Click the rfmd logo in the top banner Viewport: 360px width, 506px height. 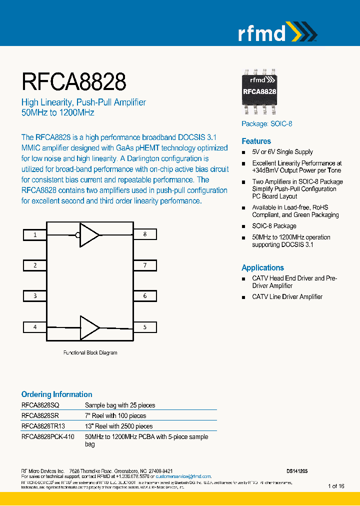tap(276, 33)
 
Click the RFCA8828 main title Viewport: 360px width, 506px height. tap(73, 81)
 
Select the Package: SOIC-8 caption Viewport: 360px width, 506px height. tap(266, 123)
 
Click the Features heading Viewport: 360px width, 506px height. tap(256, 141)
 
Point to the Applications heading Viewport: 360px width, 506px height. tap(262, 267)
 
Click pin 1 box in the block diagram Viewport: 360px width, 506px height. tap(35, 234)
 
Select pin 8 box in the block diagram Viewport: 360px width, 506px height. tap(144, 234)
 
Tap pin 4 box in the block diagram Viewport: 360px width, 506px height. tap(35, 327)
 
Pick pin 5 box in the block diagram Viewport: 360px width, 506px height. tap(144, 327)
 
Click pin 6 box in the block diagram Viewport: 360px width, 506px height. tap(144, 296)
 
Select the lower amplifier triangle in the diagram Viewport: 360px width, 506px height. tap(90, 327)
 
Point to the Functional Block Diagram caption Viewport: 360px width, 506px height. tap(90, 352)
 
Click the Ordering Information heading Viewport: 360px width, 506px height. tap(56, 394)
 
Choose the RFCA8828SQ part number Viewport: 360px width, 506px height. tap(40, 405)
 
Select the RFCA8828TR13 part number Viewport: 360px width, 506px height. tap(43, 426)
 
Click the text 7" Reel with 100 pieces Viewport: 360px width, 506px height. tap(115, 415)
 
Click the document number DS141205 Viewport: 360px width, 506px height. tap(297, 471)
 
